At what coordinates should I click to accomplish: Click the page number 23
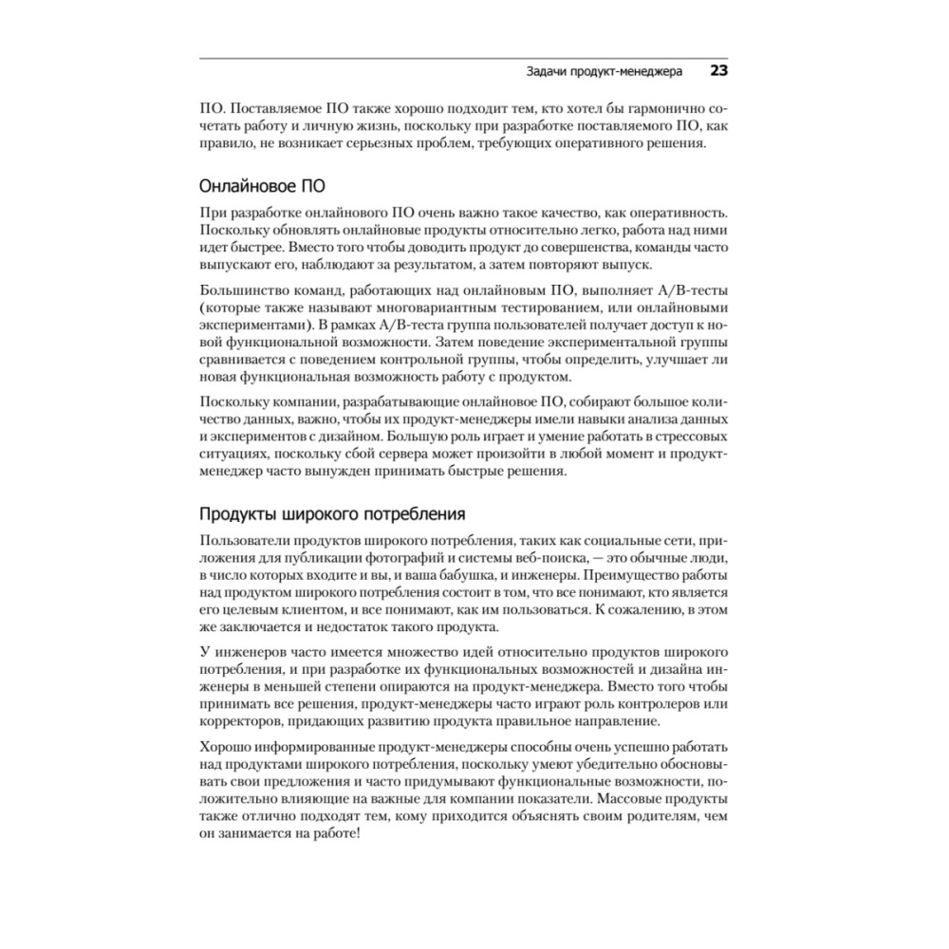[718, 71]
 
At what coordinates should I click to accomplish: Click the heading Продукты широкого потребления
[331, 514]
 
